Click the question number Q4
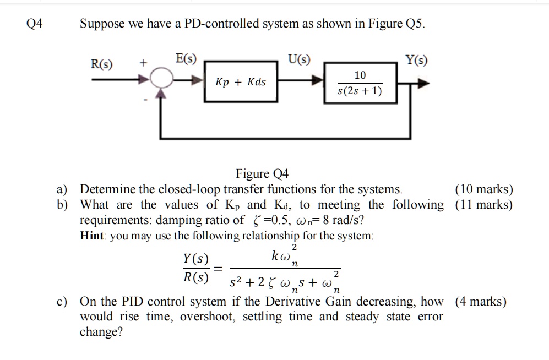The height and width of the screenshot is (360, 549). (x=34, y=24)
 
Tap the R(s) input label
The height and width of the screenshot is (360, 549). (x=101, y=64)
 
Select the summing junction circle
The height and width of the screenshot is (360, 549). (x=161, y=81)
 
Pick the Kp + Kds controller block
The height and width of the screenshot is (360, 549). (x=240, y=82)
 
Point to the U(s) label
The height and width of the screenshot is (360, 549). (x=298, y=59)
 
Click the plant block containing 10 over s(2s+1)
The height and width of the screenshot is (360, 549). (x=360, y=83)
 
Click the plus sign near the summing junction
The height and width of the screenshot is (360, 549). (x=143, y=64)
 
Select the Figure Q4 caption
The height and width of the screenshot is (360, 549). (x=262, y=174)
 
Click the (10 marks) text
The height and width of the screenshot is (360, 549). (x=483, y=190)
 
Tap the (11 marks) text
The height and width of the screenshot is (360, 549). (x=483, y=205)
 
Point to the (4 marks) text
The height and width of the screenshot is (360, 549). (x=481, y=302)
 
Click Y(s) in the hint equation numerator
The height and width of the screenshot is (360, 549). (x=195, y=259)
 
